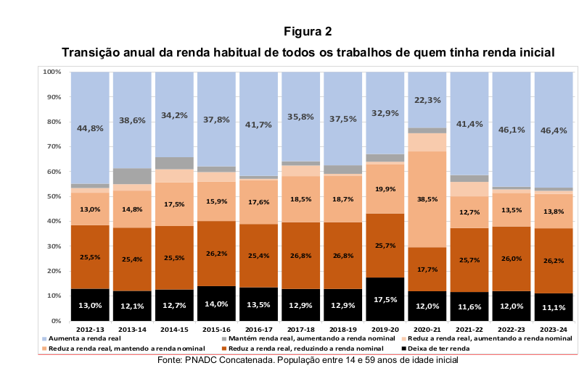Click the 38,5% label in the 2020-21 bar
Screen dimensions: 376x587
pos(427,199)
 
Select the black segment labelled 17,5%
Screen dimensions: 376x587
pos(385,299)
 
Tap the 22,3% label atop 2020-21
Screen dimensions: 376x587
pos(427,101)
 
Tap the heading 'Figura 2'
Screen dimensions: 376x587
pos(308,31)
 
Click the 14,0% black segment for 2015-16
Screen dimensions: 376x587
pos(217,304)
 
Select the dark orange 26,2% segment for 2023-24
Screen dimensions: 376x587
pos(554,260)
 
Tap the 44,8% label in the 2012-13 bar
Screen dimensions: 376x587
pos(90,129)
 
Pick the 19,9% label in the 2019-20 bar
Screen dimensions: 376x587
pos(385,189)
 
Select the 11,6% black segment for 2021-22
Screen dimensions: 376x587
pos(469,307)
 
